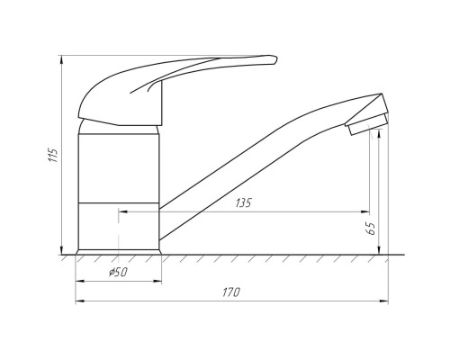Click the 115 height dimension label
pyautogui.click(x=52, y=155)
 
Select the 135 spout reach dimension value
pyautogui.click(x=243, y=203)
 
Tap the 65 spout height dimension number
pyautogui.click(x=372, y=229)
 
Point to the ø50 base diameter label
pyautogui.click(x=118, y=272)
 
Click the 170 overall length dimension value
pyautogui.click(x=231, y=292)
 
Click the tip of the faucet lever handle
pyautogui.click(x=275, y=59)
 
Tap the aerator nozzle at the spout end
pyautogui.click(x=367, y=124)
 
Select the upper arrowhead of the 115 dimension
pyautogui.click(x=62, y=59)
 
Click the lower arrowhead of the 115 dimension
pyautogui.click(x=62, y=250)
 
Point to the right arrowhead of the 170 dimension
pyautogui.click(x=384, y=301)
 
